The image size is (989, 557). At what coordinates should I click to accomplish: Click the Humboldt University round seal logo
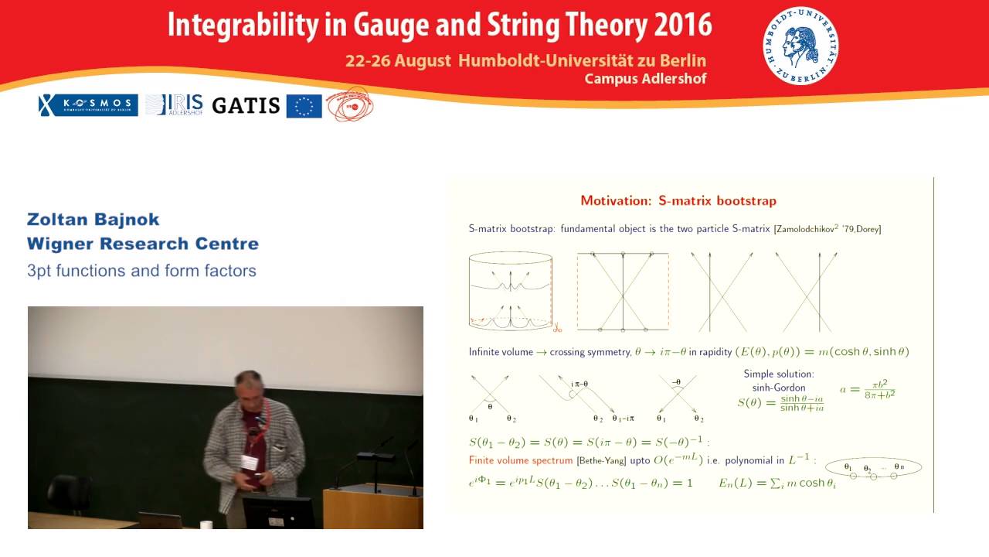pos(800,46)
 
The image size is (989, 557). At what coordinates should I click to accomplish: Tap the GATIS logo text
pos(246,105)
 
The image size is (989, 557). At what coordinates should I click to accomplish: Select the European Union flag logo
pos(304,106)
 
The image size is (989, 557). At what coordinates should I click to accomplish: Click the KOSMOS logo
pos(88,105)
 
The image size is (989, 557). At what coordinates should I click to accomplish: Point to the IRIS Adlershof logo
pos(175,104)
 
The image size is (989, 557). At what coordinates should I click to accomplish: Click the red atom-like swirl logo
pos(349,104)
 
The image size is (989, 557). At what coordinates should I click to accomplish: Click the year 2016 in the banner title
pos(682,25)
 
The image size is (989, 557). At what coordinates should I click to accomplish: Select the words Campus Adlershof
pos(645,79)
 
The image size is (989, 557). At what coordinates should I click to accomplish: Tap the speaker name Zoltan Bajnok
pos(93,220)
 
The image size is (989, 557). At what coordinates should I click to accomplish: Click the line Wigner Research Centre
pos(143,244)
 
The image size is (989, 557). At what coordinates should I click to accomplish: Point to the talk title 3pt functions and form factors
pos(141,271)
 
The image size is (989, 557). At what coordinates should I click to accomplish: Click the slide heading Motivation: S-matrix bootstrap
pos(678,201)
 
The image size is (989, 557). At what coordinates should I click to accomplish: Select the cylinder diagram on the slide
pos(510,291)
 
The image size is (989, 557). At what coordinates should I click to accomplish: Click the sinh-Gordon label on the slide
pos(778,388)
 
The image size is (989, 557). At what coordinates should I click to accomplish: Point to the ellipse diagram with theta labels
pos(873,469)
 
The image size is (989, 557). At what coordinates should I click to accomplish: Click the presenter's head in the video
pos(249,386)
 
